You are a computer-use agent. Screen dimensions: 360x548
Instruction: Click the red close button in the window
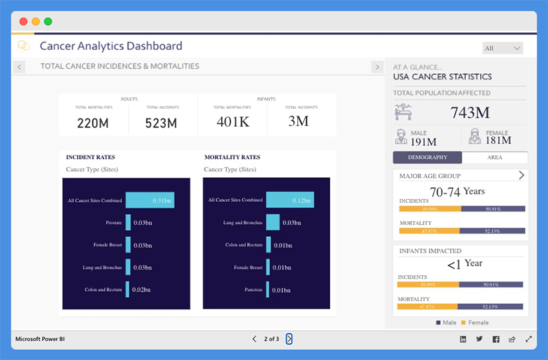click(x=23, y=21)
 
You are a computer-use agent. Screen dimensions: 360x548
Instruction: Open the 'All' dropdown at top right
click(x=503, y=48)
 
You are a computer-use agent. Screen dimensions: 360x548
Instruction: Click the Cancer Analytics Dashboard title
click(x=111, y=47)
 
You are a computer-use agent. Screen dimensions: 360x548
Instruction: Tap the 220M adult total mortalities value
click(x=92, y=123)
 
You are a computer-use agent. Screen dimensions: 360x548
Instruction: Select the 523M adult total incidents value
click(x=161, y=123)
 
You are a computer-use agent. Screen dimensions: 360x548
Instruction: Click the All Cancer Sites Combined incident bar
click(x=149, y=200)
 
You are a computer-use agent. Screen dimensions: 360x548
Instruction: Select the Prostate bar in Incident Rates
click(x=128, y=222)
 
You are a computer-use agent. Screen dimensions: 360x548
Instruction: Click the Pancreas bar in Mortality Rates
click(x=268, y=290)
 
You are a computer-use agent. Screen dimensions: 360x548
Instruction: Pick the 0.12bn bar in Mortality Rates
click(x=289, y=200)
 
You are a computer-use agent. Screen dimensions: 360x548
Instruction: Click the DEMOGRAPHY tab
click(x=427, y=157)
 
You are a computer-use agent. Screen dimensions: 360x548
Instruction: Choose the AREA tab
click(x=495, y=157)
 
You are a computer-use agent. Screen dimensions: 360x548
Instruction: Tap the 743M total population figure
click(x=470, y=112)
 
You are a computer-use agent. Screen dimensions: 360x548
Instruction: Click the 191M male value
click(x=423, y=141)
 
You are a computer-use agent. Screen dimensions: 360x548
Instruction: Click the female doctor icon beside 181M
click(x=473, y=136)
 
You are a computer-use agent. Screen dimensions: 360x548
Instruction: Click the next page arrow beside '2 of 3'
click(x=289, y=339)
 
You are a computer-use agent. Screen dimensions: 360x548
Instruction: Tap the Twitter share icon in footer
click(x=479, y=339)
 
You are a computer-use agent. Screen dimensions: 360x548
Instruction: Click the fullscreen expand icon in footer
click(x=528, y=339)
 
